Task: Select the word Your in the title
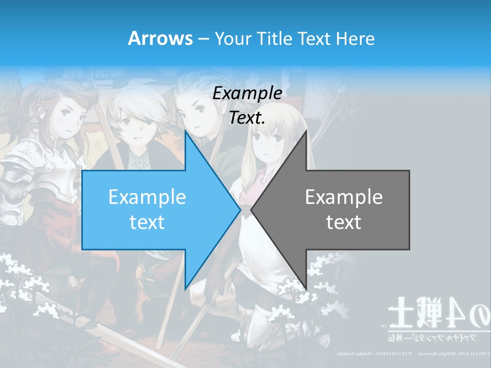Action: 233,38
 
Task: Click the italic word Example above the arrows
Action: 248,94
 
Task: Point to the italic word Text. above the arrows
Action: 248,118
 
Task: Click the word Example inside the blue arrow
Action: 147,197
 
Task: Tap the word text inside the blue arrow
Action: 147,222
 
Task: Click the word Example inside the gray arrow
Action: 344,197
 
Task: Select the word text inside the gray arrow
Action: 344,222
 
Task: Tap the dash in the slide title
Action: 203,38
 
